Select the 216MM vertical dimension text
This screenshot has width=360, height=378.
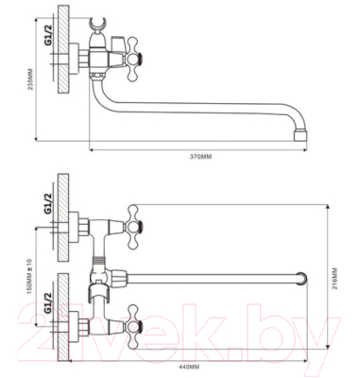click(334, 280)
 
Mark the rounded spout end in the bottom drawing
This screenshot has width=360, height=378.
click(301, 280)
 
